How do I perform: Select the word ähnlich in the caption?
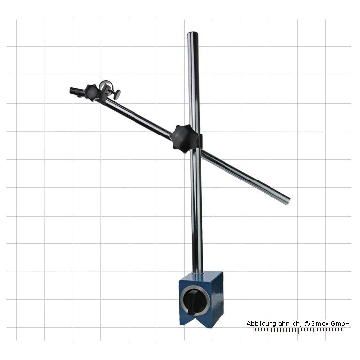point(289,324)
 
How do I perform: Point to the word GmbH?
point(340,324)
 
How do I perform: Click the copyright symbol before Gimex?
point(307,324)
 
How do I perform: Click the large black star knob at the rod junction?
point(183,138)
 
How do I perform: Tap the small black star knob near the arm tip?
point(91,93)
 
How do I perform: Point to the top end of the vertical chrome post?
point(193,33)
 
